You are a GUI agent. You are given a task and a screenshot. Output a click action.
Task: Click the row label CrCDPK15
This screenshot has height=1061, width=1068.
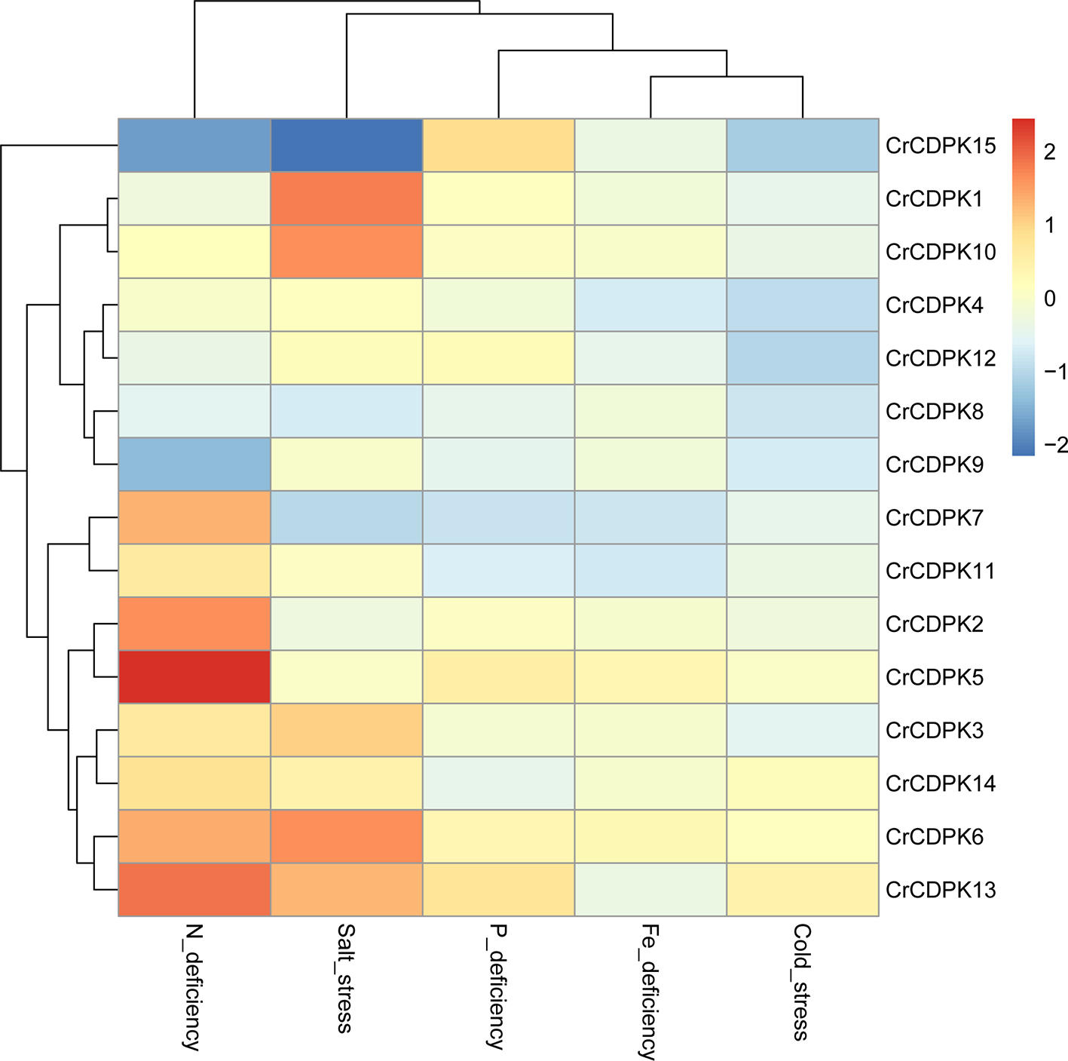[x=940, y=146]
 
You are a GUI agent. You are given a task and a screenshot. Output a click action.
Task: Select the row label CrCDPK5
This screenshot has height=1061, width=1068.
[x=934, y=677]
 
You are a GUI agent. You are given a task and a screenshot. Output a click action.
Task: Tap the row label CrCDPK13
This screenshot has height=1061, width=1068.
[x=940, y=890]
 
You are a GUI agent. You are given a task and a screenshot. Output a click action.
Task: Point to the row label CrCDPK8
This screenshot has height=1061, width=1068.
[x=934, y=412]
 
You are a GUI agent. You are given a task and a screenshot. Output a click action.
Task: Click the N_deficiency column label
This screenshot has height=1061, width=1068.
[x=193, y=987]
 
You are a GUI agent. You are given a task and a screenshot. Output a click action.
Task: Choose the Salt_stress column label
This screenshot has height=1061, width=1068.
[x=345, y=978]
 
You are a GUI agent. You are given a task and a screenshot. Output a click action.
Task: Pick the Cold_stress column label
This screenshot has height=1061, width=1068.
[x=802, y=982]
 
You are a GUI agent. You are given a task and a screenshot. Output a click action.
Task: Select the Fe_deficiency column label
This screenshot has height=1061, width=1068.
[x=650, y=991]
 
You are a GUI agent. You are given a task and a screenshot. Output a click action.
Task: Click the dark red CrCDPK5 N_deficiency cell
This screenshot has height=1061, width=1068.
[x=194, y=677]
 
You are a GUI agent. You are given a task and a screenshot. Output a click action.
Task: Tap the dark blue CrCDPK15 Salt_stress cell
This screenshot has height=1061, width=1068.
[x=347, y=146]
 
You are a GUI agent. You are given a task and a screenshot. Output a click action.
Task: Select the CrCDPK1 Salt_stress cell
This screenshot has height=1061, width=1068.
[x=347, y=199]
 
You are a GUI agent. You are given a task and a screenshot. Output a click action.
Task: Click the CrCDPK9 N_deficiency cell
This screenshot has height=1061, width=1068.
[x=194, y=465]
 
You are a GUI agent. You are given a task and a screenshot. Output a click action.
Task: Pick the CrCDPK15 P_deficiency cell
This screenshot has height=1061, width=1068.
[x=498, y=146]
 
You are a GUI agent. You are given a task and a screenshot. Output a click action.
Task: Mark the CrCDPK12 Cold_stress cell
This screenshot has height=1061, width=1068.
[x=802, y=358]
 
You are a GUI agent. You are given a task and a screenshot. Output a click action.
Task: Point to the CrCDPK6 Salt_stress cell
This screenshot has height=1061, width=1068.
[x=347, y=836]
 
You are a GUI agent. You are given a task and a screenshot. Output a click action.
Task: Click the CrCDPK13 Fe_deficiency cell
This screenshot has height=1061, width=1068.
[x=650, y=890]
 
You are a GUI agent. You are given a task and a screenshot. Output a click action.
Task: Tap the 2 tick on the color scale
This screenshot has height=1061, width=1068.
[x=1050, y=152]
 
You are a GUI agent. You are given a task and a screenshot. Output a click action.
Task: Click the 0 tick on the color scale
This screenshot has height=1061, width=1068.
[x=1050, y=299]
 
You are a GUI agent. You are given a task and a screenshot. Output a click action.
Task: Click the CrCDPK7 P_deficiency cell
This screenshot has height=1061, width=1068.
[x=498, y=518]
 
